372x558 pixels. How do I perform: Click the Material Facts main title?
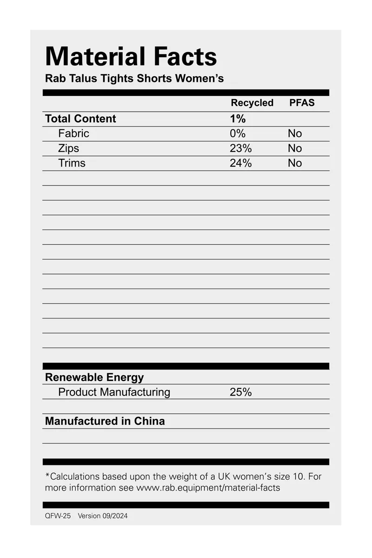(131, 57)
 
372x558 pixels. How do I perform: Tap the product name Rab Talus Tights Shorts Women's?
(134, 78)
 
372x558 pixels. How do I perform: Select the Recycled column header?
(252, 103)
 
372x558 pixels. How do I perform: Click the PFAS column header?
(302, 103)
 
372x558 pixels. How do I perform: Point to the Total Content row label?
(80, 119)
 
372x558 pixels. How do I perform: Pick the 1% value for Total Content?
(238, 119)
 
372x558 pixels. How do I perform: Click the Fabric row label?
(73, 134)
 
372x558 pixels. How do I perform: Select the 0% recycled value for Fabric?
(237, 134)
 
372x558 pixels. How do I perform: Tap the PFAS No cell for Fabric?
(295, 134)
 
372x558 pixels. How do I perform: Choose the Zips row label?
(69, 148)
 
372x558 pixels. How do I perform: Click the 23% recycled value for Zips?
(240, 148)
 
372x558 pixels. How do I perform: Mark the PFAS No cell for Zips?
(295, 148)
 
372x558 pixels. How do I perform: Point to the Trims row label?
(72, 163)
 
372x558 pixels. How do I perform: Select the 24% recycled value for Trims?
(240, 163)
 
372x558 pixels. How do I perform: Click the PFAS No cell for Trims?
(295, 163)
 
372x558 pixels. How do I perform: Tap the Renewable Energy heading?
(94, 377)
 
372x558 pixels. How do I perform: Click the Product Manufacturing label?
(114, 392)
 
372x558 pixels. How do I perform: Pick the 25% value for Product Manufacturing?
(240, 392)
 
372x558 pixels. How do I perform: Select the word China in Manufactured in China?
(149, 421)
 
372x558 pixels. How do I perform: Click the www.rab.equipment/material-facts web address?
(208, 488)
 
